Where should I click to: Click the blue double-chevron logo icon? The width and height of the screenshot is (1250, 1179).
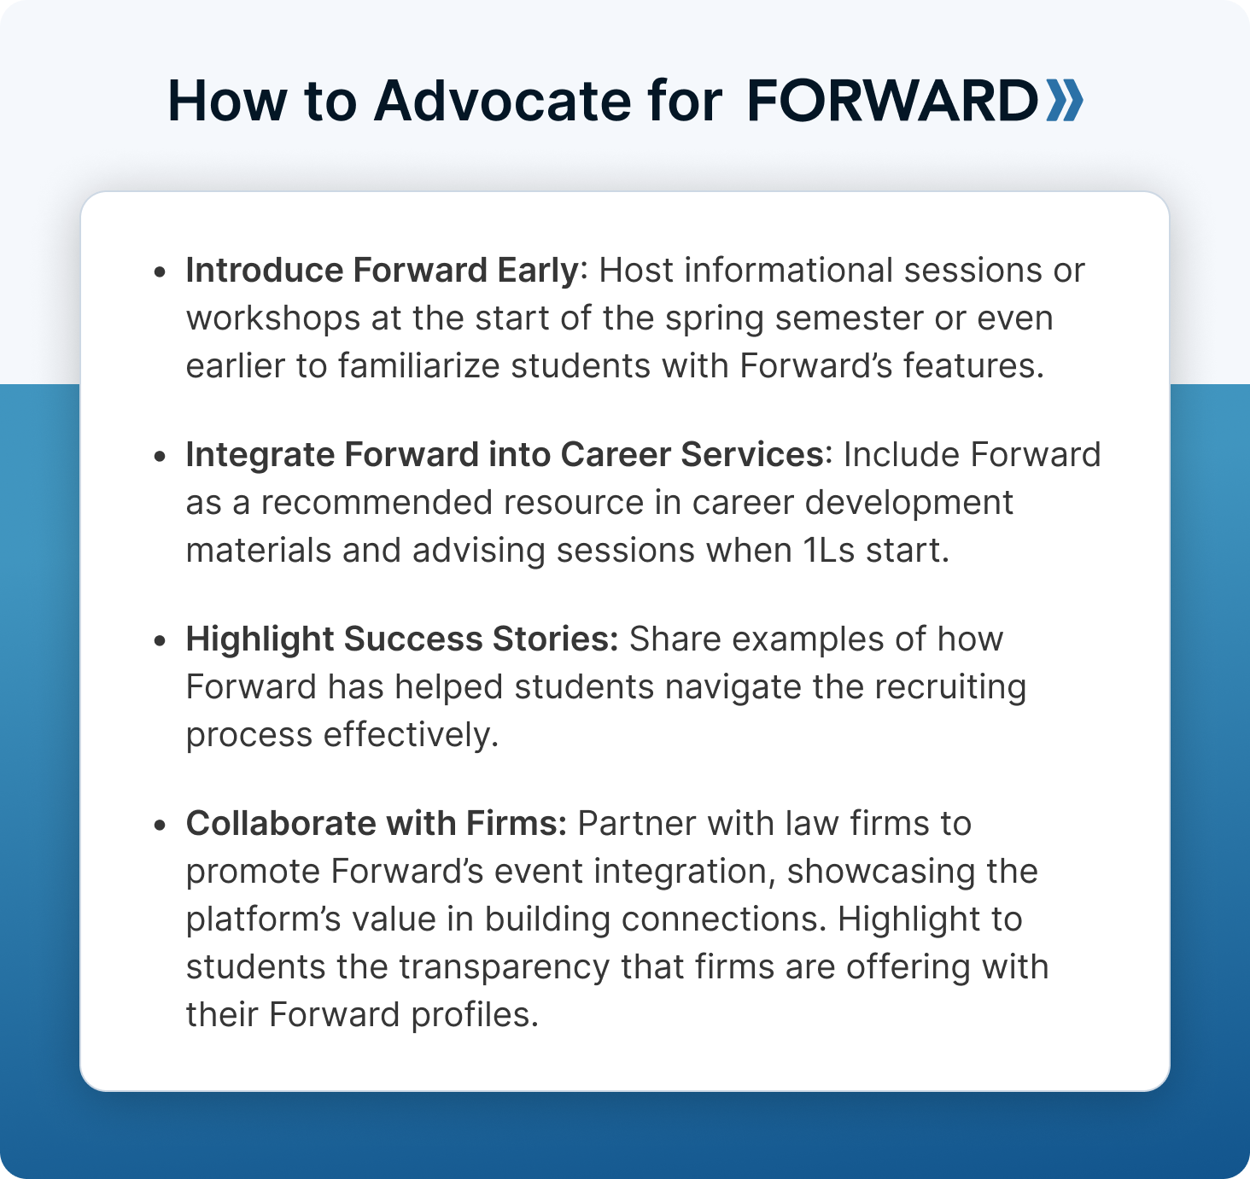tap(1065, 101)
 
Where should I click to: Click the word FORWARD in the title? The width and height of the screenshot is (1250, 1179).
tap(892, 101)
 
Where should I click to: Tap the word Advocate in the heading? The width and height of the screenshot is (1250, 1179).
tap(502, 101)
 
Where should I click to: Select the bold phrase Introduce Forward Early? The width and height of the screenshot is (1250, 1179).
tap(382, 271)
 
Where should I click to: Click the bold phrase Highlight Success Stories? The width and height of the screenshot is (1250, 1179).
tap(401, 639)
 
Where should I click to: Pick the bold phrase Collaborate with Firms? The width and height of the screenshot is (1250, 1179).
tap(376, 824)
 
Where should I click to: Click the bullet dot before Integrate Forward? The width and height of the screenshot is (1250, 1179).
tap(159, 457)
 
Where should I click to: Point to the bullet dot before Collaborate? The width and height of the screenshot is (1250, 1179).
tap(159, 826)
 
